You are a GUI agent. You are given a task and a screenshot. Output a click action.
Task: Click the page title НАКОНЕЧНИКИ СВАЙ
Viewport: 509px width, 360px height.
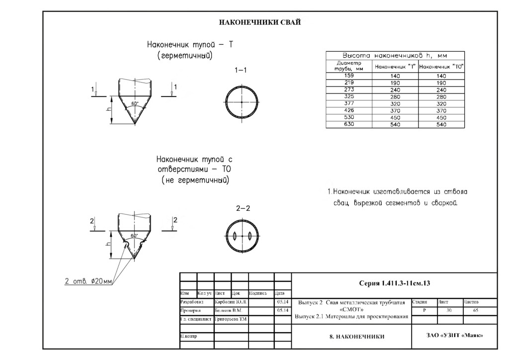(260, 22)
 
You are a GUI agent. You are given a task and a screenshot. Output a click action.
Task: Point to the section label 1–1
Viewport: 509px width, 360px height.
(241, 70)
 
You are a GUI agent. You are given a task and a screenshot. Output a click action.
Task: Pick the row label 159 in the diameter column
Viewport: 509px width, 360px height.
(348, 76)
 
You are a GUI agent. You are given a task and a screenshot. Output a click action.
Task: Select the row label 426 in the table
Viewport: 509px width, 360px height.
(348, 110)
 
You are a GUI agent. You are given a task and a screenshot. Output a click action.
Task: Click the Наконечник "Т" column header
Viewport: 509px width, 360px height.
(395, 66)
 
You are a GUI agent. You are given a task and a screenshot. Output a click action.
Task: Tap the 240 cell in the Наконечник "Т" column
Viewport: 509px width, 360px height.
(395, 90)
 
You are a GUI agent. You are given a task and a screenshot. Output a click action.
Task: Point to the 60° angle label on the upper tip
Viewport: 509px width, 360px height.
(134, 103)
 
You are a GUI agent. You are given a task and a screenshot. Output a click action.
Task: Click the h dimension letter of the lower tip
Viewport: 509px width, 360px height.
(109, 244)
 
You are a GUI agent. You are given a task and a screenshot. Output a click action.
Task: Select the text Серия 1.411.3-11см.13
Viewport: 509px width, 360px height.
(394, 283)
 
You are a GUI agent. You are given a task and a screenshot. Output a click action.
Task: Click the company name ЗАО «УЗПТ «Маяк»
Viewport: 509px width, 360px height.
(455, 335)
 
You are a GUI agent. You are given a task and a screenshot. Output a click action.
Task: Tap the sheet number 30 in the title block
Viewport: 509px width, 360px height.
(449, 310)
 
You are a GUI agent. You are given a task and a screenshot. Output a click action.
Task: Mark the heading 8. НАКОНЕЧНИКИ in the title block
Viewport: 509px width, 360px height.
(357, 337)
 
